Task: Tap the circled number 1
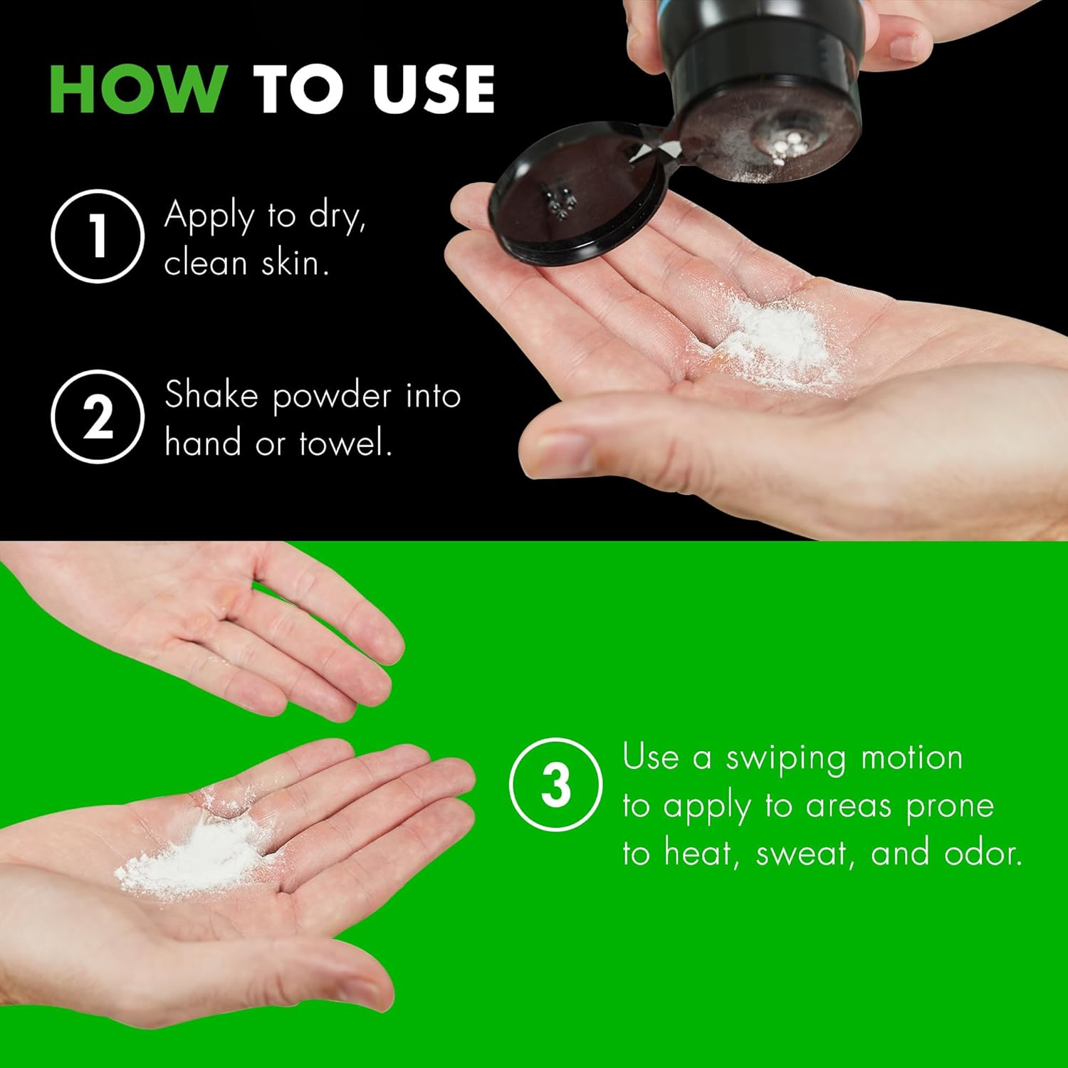click(97, 236)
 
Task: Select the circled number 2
click(97, 416)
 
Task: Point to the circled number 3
click(556, 785)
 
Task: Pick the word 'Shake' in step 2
click(211, 395)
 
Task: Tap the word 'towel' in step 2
click(344, 444)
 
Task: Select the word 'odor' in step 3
click(982, 853)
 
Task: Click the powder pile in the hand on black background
click(776, 335)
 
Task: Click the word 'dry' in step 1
click(335, 216)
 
